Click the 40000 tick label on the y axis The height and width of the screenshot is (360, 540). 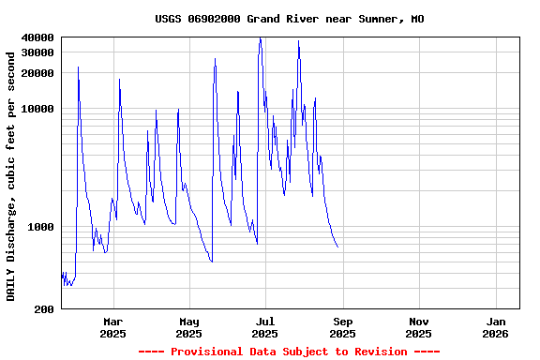(x=37, y=37)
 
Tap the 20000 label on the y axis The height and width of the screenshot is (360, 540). (x=37, y=73)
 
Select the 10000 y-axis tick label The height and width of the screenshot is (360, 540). (x=37, y=109)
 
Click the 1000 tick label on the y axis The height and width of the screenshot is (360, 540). (x=41, y=227)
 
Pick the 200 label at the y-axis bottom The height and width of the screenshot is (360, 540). (x=44, y=309)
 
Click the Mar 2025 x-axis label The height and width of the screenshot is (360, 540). (x=112, y=327)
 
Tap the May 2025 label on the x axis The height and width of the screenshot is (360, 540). (x=188, y=327)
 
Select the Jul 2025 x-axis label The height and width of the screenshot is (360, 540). (x=265, y=327)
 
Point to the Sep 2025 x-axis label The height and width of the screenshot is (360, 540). (x=342, y=327)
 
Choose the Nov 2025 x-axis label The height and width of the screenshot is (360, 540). (x=419, y=327)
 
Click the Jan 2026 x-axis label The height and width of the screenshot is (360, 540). (x=495, y=327)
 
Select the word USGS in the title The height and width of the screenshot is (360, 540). (x=169, y=19)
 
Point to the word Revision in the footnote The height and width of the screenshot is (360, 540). (x=379, y=352)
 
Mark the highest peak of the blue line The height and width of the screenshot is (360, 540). (x=260, y=38)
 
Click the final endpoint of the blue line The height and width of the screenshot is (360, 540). (x=337, y=247)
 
